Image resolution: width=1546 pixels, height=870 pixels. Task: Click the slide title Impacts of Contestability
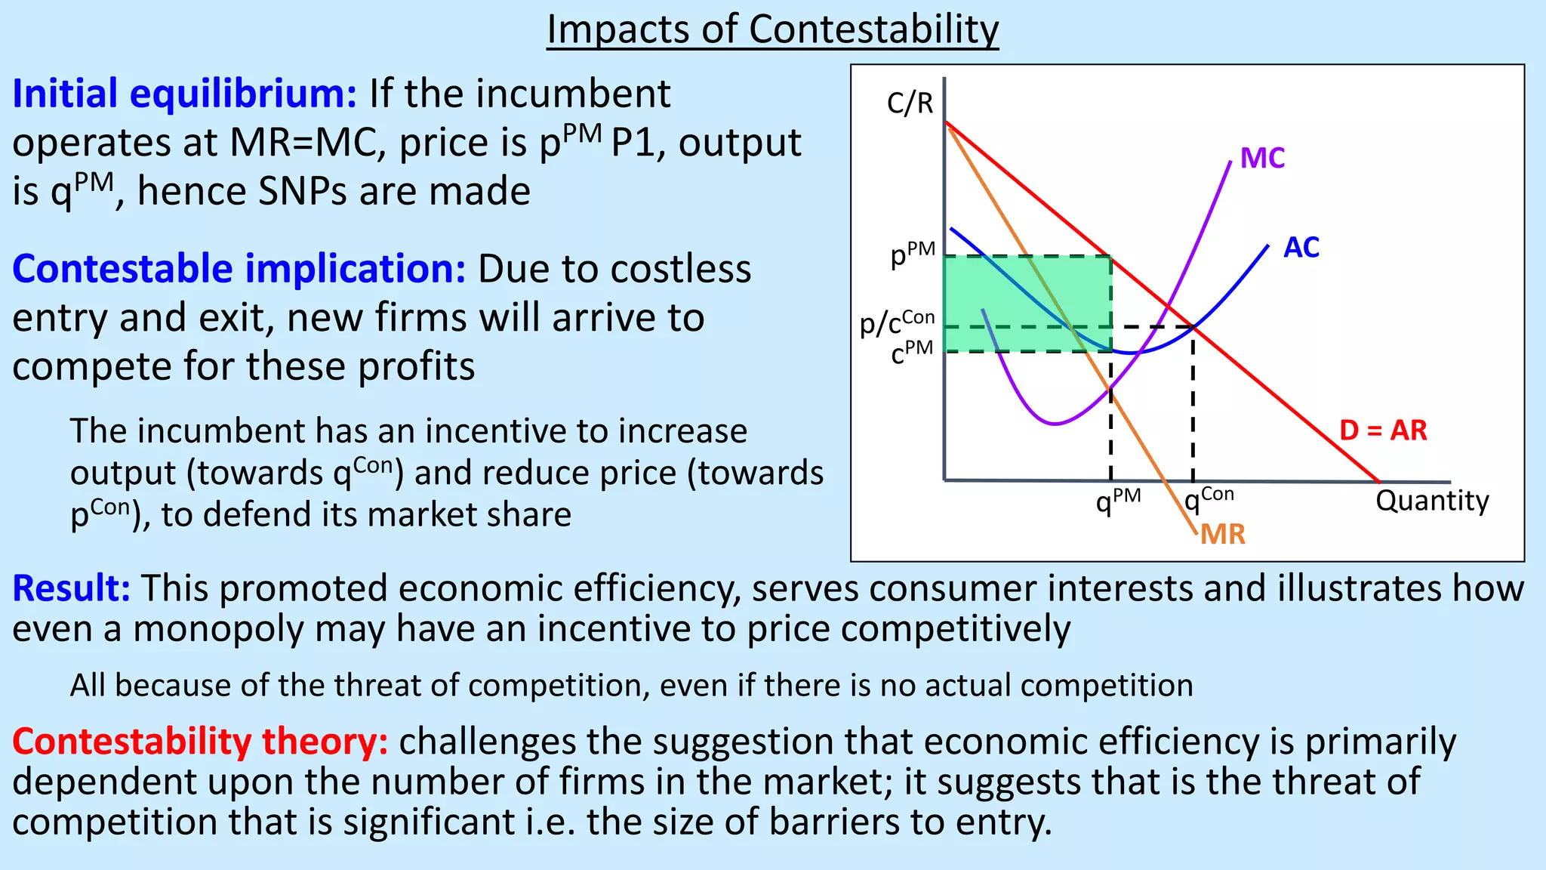click(772, 30)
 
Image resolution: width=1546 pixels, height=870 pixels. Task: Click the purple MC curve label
click(1262, 159)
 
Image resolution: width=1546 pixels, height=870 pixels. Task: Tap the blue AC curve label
click(1301, 248)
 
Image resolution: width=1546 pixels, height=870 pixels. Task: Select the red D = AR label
click(1383, 430)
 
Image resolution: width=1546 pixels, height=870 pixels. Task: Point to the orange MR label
click(1222, 535)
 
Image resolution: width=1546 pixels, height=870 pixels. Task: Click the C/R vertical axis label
click(910, 103)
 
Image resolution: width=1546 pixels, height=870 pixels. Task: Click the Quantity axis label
click(1432, 501)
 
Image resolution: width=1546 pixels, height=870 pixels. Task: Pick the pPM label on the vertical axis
click(913, 255)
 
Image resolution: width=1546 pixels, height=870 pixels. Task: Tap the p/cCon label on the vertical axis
click(898, 322)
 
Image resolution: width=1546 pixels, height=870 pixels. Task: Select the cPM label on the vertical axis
click(912, 352)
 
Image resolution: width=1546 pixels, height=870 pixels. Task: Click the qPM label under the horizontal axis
click(1118, 500)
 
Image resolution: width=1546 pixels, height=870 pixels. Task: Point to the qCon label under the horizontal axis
click(1209, 498)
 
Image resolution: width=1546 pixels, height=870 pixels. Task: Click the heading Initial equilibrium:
click(184, 94)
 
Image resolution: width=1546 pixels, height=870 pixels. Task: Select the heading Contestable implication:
click(239, 269)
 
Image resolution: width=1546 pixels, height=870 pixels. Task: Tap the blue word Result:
click(72, 588)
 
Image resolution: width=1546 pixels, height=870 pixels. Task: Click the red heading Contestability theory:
click(200, 742)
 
